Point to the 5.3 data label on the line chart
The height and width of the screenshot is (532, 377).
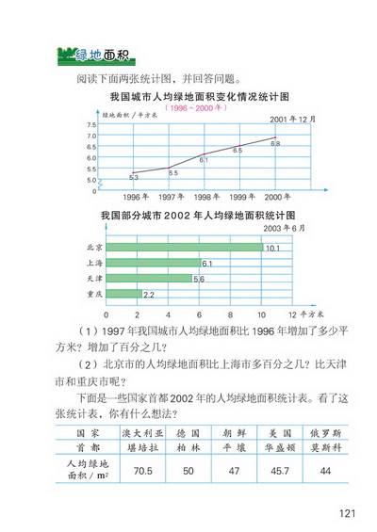click(x=134, y=177)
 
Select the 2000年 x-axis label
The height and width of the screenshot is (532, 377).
click(x=276, y=197)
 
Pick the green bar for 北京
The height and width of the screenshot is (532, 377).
click(x=185, y=248)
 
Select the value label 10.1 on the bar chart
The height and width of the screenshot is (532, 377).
click(x=274, y=249)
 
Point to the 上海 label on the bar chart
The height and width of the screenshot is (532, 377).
click(x=93, y=264)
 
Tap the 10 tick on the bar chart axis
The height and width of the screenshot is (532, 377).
click(x=261, y=314)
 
